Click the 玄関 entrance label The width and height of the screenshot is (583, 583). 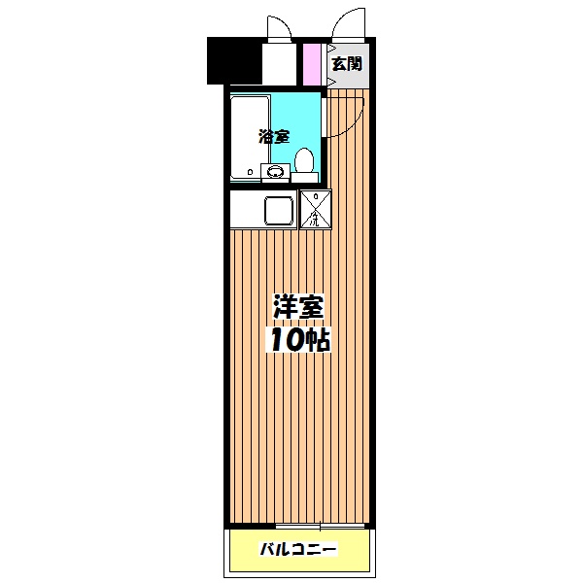(x=346, y=65)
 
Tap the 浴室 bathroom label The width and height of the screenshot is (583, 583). (x=273, y=137)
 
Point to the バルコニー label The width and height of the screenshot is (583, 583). (x=297, y=550)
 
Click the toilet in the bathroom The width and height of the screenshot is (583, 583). (x=305, y=160)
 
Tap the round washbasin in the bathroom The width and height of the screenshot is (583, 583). (x=275, y=174)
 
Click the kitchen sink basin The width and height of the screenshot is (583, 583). (x=280, y=210)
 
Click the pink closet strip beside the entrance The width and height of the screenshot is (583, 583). (x=312, y=63)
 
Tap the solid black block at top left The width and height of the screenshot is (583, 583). (x=234, y=60)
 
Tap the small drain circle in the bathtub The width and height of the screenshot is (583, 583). (x=251, y=174)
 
